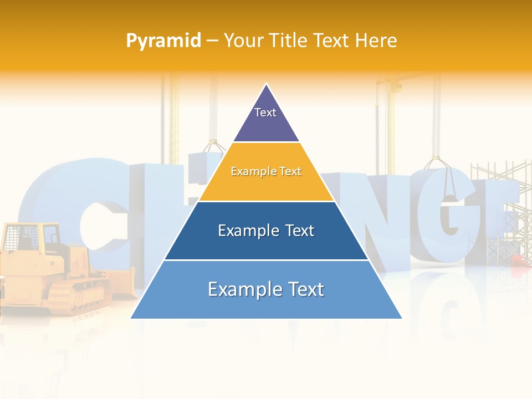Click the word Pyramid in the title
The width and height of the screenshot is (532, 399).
[x=163, y=40]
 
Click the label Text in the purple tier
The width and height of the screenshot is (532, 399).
[x=265, y=112]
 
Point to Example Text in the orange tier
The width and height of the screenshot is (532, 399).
[x=266, y=171]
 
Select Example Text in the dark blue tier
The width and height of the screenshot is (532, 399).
[x=266, y=231]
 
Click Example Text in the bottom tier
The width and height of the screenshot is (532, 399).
[x=266, y=289]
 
